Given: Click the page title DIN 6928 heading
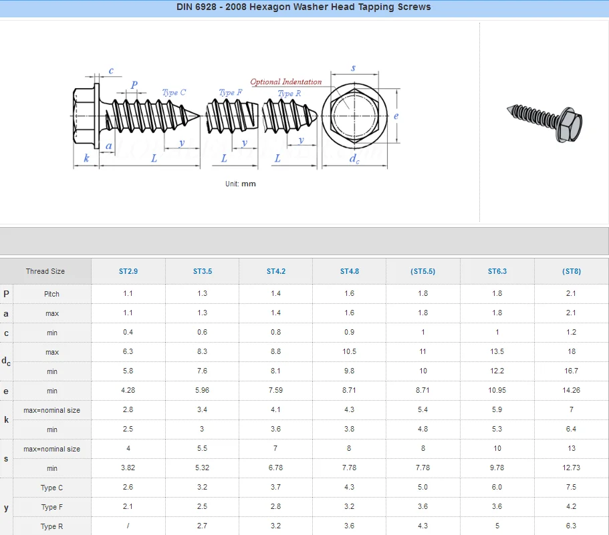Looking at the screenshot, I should [x=303, y=7].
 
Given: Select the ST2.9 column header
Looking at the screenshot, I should [x=128, y=271].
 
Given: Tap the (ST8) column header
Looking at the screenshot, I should [x=571, y=271].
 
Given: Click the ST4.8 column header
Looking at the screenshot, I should [x=349, y=271].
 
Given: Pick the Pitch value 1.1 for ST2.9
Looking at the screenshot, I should [x=128, y=294].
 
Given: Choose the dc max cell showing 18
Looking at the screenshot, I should [x=571, y=352].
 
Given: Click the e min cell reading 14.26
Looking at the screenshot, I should [x=571, y=391].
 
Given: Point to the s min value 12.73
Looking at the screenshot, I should [x=571, y=468].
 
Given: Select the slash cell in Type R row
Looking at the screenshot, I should [x=128, y=526].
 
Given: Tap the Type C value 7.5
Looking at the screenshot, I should [x=571, y=488].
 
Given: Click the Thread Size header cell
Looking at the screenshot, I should [x=45, y=271].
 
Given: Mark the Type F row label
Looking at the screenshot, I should [x=51, y=507].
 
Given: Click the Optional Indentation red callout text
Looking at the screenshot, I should [x=285, y=82].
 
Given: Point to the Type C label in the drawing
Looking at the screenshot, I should [x=174, y=93].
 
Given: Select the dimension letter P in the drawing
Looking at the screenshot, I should [x=134, y=85].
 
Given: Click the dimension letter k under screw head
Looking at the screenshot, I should [x=86, y=158].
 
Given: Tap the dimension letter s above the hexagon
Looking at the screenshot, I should [x=353, y=68].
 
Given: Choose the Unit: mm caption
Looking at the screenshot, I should [x=241, y=184].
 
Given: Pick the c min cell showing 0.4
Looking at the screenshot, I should [x=128, y=333].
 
